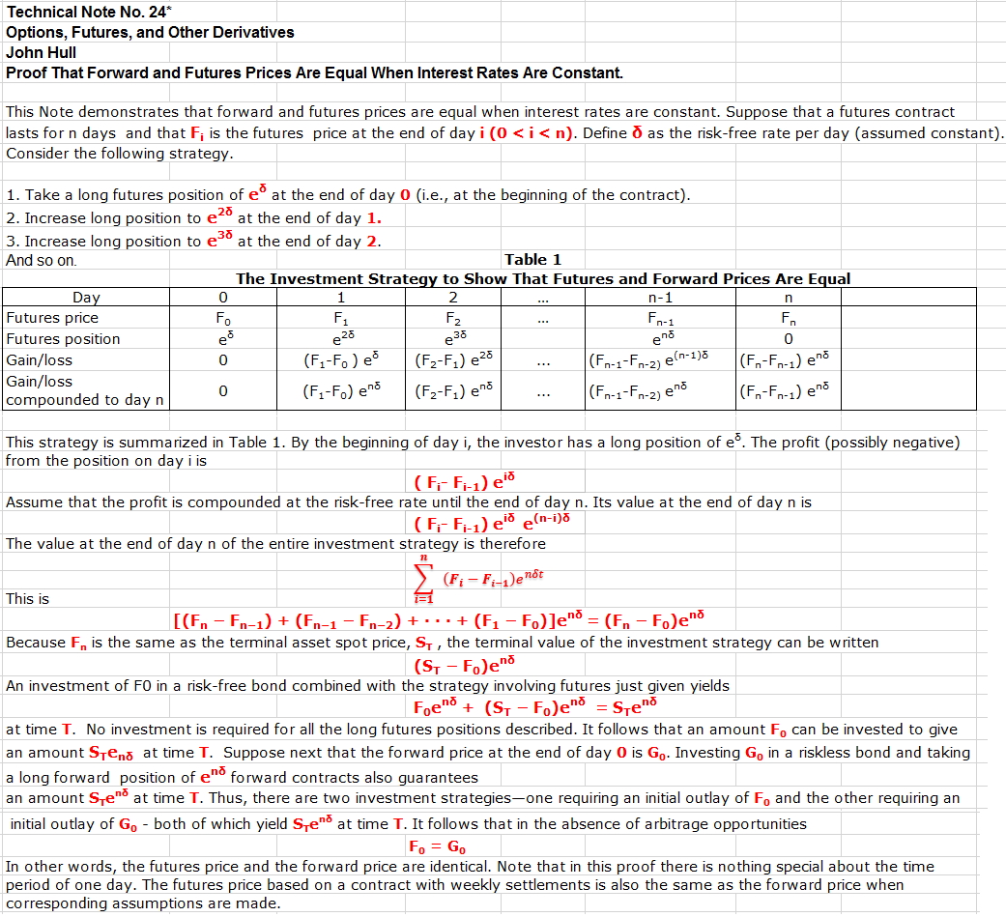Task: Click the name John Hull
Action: pos(41,52)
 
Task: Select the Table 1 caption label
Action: pos(532,259)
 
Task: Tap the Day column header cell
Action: pos(86,298)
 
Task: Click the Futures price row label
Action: pos(52,318)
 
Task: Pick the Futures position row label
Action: pos(63,339)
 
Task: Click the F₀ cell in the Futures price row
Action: pos(224,319)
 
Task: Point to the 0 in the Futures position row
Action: pos(789,339)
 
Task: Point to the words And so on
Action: pos(41,260)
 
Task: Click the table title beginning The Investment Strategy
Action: pos(543,278)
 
